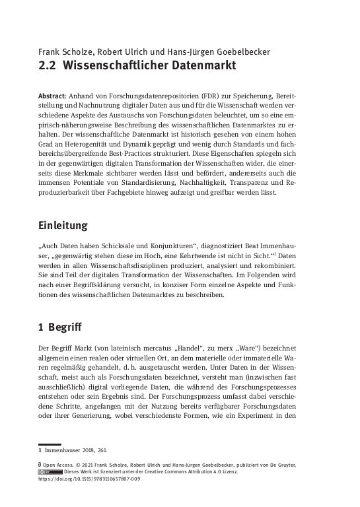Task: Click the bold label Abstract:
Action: tap(55, 96)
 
